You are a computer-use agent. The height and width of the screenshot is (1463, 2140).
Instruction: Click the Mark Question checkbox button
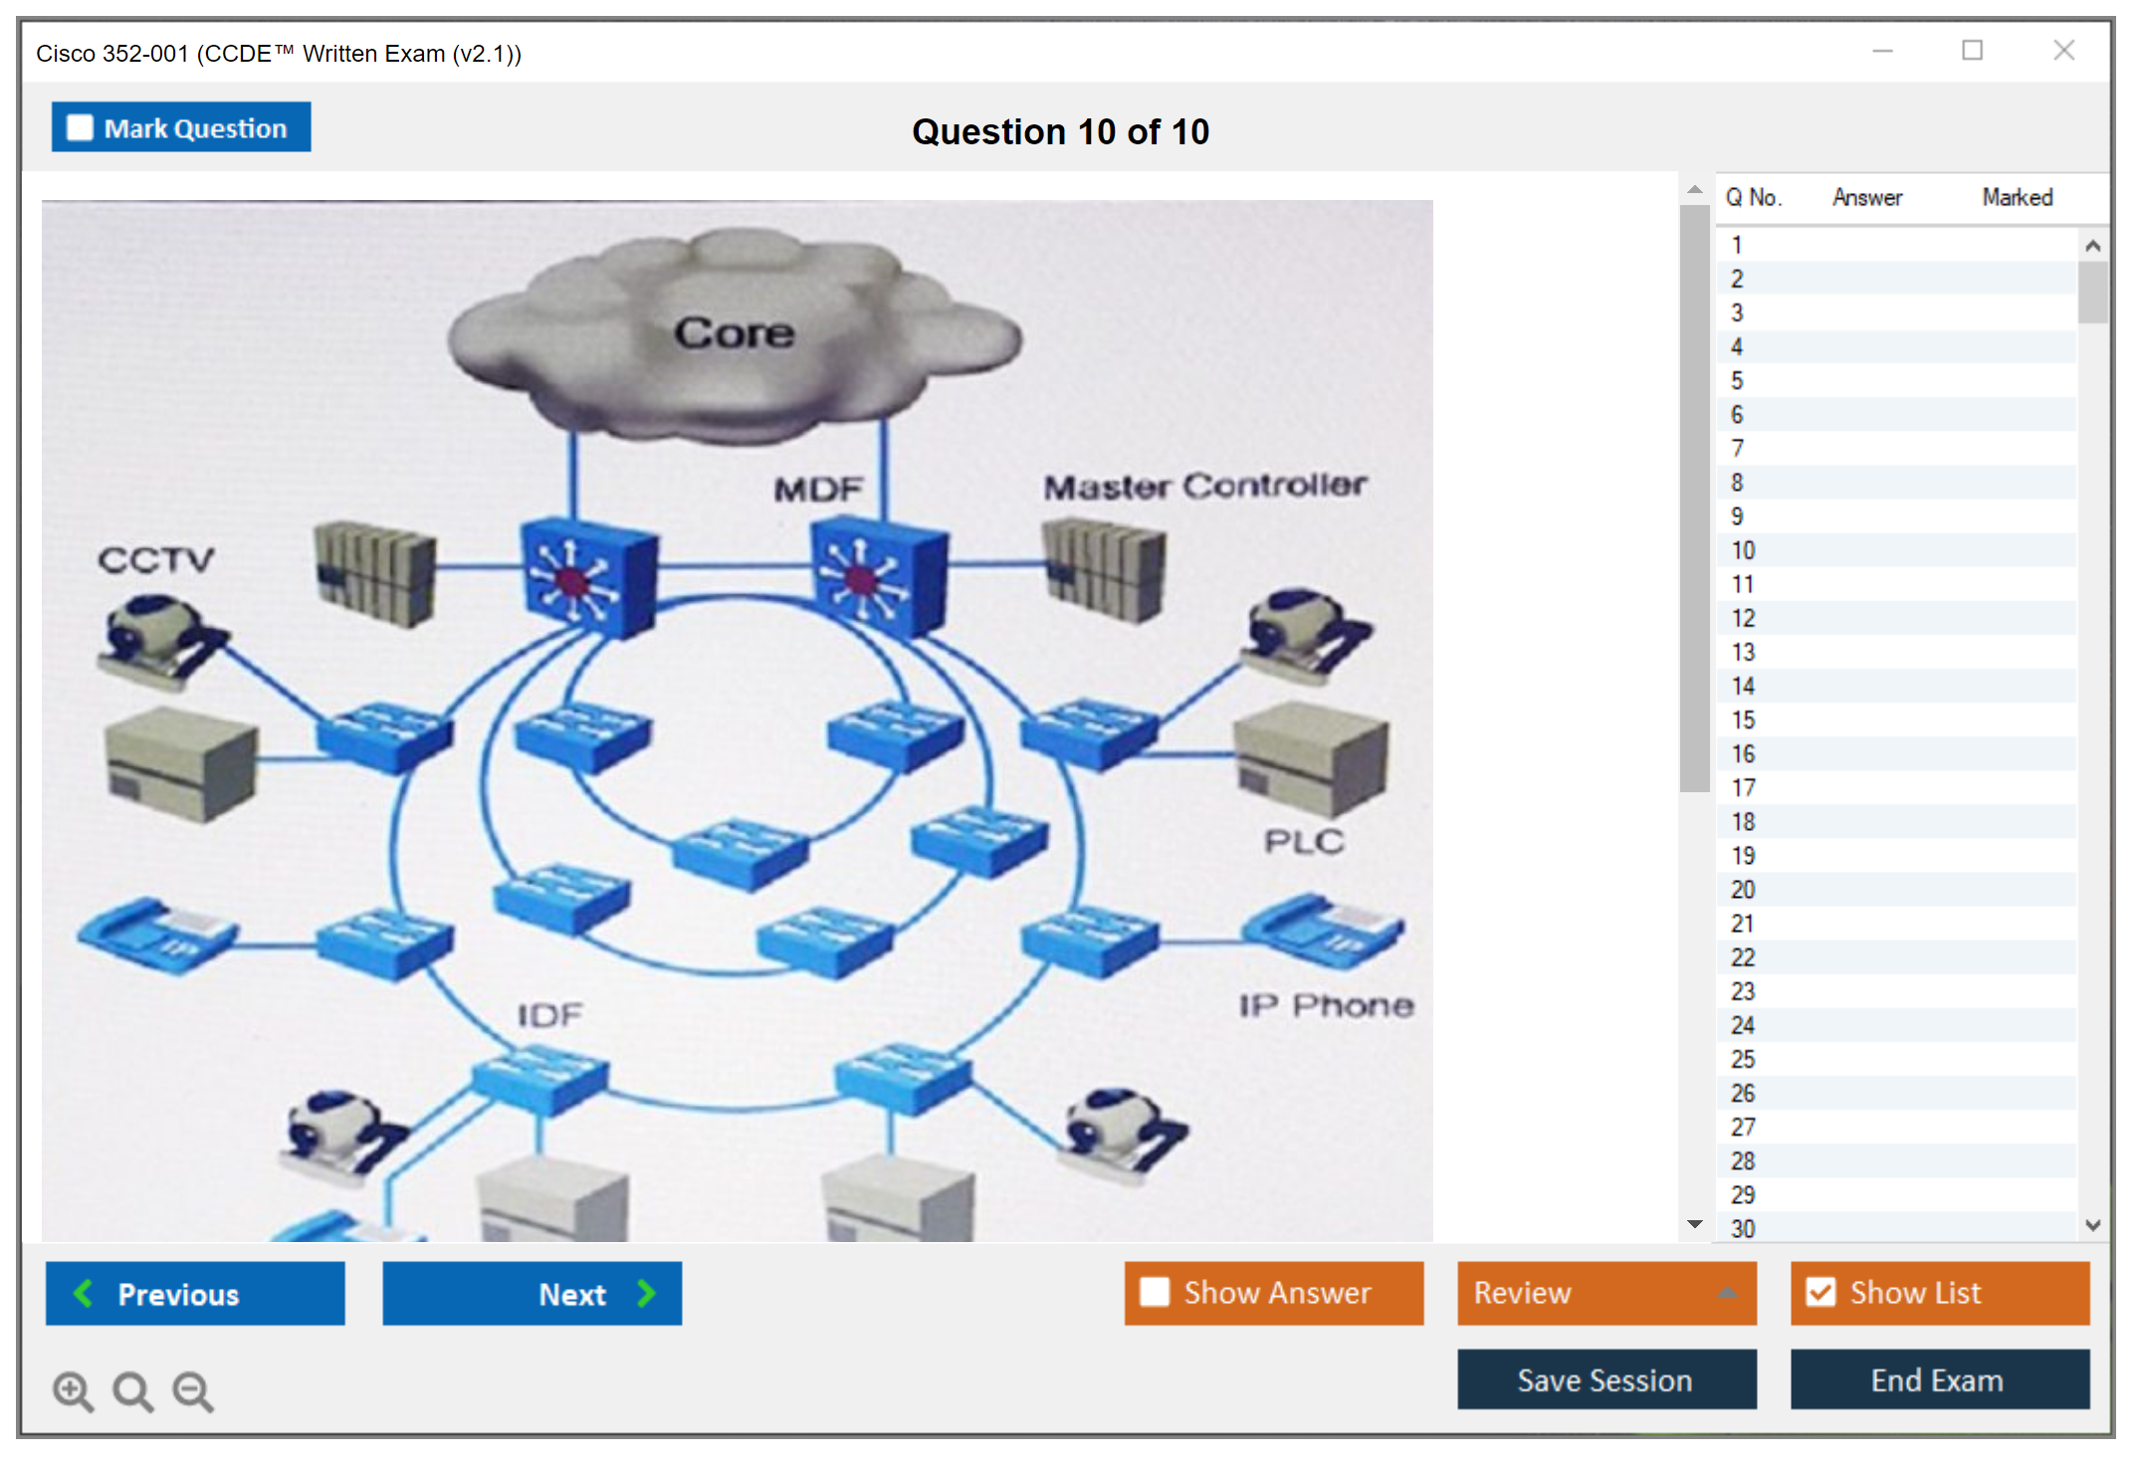[x=180, y=127]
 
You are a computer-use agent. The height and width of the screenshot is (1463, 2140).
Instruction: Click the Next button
[x=532, y=1293]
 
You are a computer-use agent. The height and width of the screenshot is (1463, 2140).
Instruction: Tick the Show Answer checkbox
[x=1155, y=1292]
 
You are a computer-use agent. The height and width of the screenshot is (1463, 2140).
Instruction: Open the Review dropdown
[x=1605, y=1293]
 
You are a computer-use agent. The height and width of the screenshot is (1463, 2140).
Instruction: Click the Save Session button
[x=1605, y=1379]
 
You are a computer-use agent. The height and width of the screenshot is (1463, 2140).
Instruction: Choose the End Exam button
[x=1938, y=1379]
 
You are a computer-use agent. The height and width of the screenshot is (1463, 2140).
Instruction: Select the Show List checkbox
[x=1821, y=1292]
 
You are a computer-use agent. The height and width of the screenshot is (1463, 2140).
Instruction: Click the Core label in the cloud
[x=735, y=333]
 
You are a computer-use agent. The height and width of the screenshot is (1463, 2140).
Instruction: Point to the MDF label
[x=818, y=489]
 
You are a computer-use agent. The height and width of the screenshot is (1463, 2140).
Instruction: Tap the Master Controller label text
[x=1204, y=486]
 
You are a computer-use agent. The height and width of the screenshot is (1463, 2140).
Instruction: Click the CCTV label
[x=155, y=559]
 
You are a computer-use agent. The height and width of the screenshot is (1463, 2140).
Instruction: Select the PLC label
[x=1304, y=842]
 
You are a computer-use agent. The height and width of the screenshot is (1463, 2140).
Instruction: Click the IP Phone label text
[x=1326, y=1005]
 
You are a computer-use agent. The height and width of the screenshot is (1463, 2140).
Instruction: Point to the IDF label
[x=549, y=1015]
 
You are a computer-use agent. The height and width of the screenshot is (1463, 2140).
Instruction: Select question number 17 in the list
[x=1743, y=788]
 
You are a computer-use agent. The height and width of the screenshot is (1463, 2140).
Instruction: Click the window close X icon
[x=2063, y=51]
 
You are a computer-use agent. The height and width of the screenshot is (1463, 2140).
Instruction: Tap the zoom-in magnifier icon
[x=73, y=1390]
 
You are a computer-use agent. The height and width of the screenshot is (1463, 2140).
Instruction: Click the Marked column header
[x=2017, y=197]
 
